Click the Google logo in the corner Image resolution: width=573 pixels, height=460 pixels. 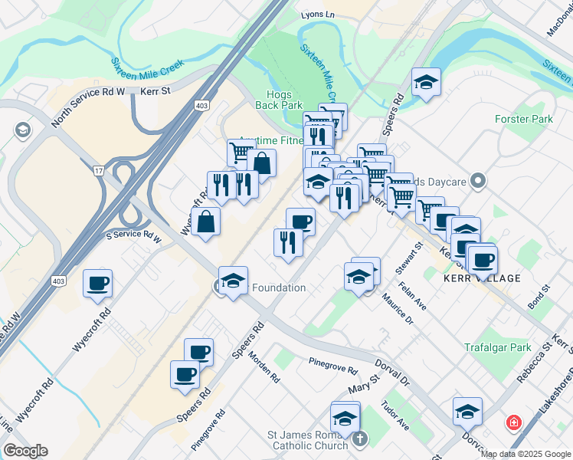[x=26, y=451]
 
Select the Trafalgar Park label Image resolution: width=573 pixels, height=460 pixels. [x=497, y=347]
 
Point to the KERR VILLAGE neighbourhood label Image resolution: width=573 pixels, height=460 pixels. [x=482, y=278]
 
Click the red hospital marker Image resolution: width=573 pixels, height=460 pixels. [x=512, y=422]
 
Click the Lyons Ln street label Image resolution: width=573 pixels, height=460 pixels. [x=319, y=14]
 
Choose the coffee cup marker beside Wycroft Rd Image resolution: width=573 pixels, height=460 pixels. [x=98, y=284]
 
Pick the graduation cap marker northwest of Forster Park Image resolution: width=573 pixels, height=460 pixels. [x=426, y=81]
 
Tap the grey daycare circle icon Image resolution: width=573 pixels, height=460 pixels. [x=480, y=182]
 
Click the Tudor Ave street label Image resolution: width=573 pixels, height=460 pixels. [x=395, y=415]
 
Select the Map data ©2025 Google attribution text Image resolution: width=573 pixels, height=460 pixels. [x=525, y=454]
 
